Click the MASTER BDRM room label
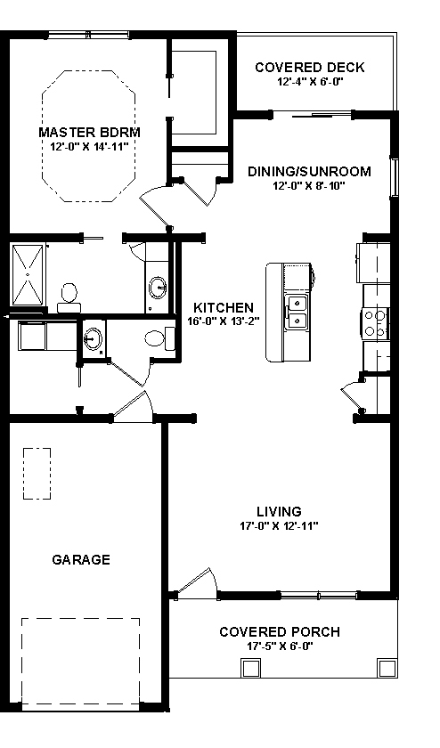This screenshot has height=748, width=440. pyautogui.click(x=90, y=132)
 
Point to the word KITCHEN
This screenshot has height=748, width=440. pyautogui.click(x=217, y=308)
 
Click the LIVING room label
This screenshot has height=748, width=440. pyautogui.click(x=279, y=511)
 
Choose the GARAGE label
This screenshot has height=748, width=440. pyautogui.click(x=81, y=560)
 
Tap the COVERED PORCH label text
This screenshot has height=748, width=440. pyautogui.click(x=279, y=632)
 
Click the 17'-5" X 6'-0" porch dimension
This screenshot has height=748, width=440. pyautogui.click(x=279, y=646)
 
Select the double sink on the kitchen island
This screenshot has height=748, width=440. pyautogui.click(x=297, y=313)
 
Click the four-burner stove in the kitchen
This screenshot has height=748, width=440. pyautogui.click(x=375, y=321)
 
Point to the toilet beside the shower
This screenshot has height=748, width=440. pyautogui.click(x=67, y=296)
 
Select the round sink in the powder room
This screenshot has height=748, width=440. pyautogui.click(x=94, y=338)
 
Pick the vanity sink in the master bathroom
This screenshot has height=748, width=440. pyautogui.click(x=158, y=288)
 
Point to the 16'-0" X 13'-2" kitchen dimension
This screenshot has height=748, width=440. pyautogui.click(x=217, y=322)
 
